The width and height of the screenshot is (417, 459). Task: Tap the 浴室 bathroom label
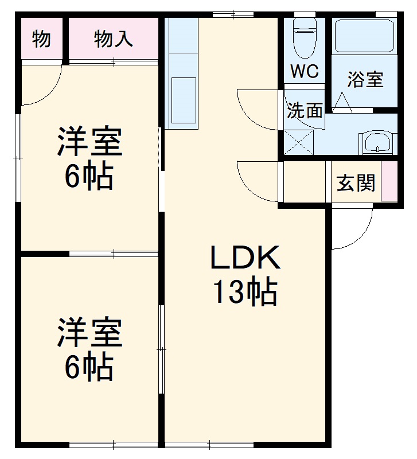(365, 80)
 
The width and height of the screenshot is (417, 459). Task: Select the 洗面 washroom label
(305, 110)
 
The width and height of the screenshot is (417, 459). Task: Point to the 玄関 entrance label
(356, 183)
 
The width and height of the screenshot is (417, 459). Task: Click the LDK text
(245, 259)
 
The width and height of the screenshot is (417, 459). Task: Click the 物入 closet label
(113, 39)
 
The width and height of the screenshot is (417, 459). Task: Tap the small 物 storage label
(41, 39)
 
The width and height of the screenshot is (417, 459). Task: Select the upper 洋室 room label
(89, 143)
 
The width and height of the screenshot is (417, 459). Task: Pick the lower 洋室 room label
(89, 334)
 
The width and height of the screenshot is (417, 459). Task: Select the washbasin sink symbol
(377, 142)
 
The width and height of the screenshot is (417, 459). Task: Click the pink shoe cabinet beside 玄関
(391, 182)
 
